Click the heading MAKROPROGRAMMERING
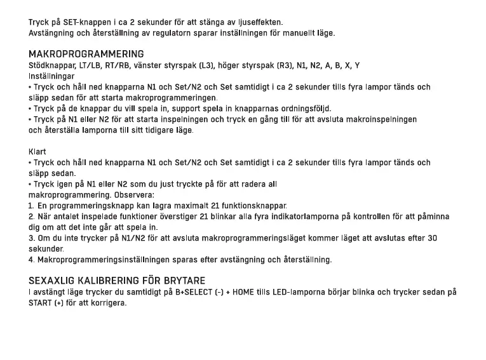coord(86,54)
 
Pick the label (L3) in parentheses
coord(206,65)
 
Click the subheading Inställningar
coord(51,76)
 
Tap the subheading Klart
coord(37,152)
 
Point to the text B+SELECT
coord(182,292)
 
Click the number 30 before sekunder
coord(431,238)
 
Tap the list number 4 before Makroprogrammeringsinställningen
coord(31,260)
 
